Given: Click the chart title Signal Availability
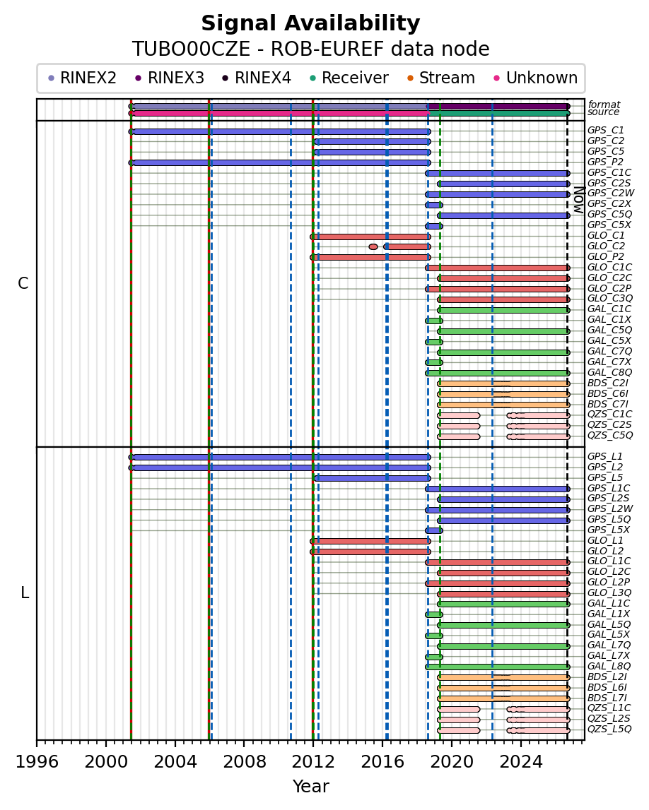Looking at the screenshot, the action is click(x=310, y=24).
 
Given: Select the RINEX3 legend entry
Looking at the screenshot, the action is click(x=170, y=78).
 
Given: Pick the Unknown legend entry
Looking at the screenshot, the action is click(x=536, y=78).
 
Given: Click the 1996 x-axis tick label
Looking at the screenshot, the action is click(x=37, y=762).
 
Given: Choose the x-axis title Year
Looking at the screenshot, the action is click(x=310, y=786).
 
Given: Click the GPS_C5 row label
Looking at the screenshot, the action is click(x=606, y=151).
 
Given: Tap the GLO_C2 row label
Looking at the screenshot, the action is click(x=606, y=246).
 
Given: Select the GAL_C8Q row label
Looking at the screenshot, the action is click(x=609, y=372).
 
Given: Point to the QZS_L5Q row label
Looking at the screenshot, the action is click(x=609, y=729).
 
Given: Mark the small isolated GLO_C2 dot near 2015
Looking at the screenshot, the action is click(x=373, y=247).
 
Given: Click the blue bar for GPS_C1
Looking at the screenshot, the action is click(x=280, y=132).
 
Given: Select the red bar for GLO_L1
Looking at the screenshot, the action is click(x=370, y=542).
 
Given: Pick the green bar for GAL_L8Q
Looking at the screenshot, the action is click(x=498, y=667).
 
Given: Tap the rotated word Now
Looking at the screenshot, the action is click(x=579, y=201).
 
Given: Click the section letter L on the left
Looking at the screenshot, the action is click(x=24, y=593).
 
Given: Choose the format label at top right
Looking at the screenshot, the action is click(x=604, y=105).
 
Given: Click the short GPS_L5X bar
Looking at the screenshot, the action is click(x=434, y=530).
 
